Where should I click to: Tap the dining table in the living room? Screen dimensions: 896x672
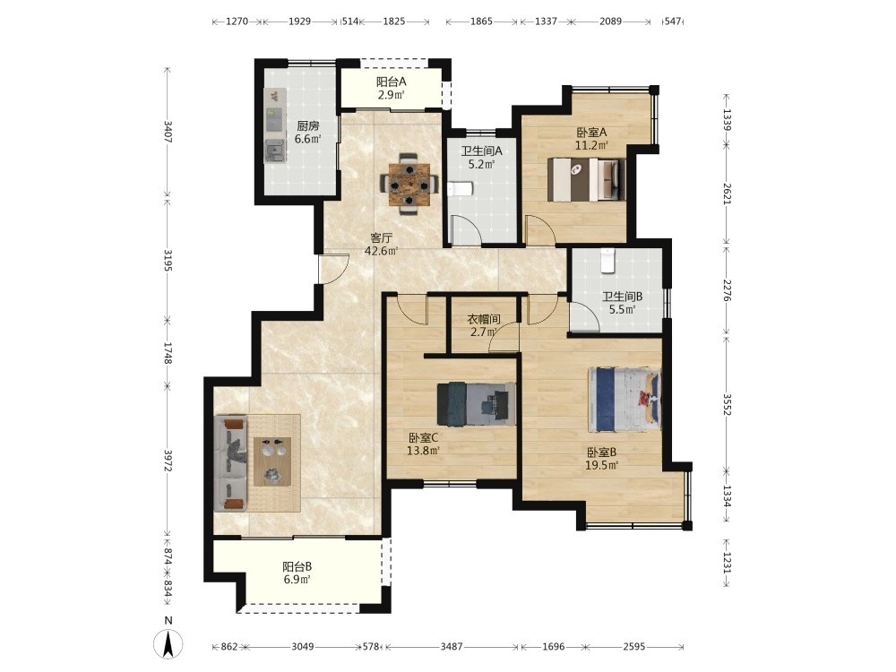(409, 184)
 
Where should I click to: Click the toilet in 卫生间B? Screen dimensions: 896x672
(607, 261)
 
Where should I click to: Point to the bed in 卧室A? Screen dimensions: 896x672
(586, 179)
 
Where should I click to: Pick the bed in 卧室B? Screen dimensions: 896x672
(625, 400)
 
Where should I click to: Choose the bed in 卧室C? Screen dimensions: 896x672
(476, 404)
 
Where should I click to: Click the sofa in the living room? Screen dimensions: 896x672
(231, 463)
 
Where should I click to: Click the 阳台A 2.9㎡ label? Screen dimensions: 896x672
(392, 89)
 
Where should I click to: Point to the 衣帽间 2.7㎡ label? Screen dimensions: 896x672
(484, 325)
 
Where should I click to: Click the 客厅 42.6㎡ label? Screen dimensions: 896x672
(381, 244)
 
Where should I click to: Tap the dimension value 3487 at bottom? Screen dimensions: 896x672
(452, 647)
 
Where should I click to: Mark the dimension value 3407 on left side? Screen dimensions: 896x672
(168, 132)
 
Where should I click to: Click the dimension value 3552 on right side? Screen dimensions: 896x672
(727, 404)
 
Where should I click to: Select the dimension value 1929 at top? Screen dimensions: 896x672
(299, 22)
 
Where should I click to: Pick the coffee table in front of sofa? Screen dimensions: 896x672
(272, 461)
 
